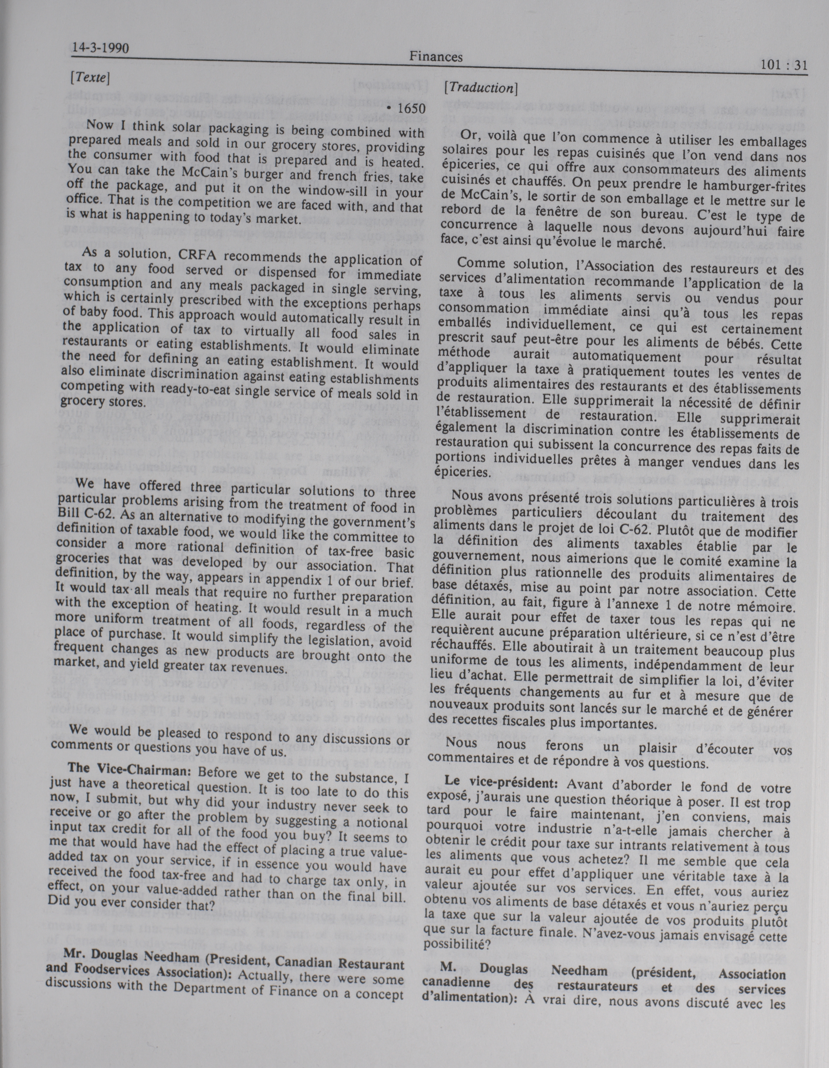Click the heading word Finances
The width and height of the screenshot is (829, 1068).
point(436,58)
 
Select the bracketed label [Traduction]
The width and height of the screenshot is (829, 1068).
point(480,88)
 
